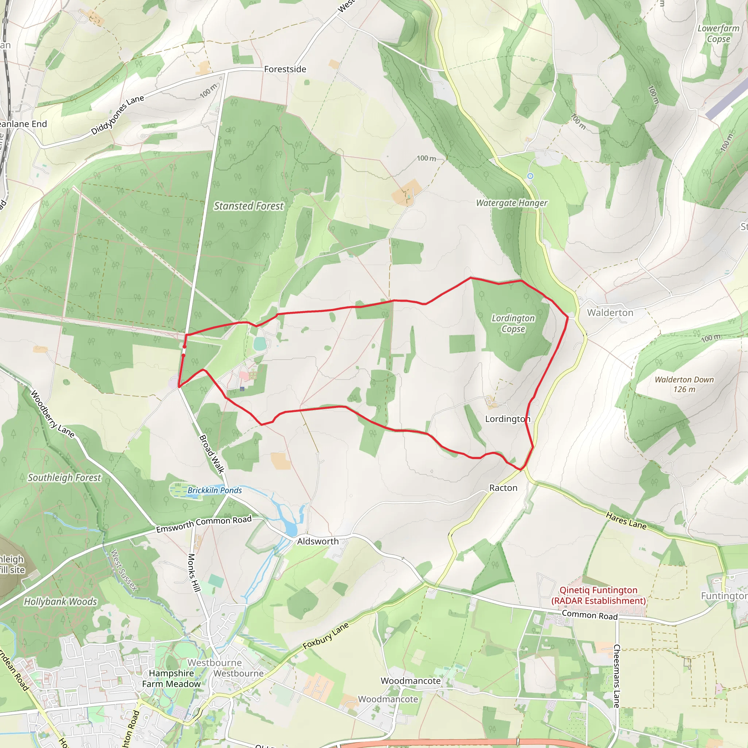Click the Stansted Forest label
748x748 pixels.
click(249, 206)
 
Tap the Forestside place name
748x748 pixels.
click(285, 69)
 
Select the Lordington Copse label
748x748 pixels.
click(513, 323)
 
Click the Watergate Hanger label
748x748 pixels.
click(511, 203)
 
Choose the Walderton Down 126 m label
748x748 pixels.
click(684, 385)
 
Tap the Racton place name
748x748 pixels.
click(503, 488)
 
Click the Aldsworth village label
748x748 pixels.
click(317, 541)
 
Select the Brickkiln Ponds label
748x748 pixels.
click(214, 490)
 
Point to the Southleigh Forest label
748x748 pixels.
click(64, 478)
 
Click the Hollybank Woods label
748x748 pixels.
click(60, 602)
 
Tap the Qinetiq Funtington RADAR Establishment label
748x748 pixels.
click(599, 595)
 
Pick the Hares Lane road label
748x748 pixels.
click(626, 521)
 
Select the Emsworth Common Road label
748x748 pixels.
click(204, 524)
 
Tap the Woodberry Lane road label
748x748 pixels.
click(52, 414)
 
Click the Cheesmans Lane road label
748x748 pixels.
click(617, 676)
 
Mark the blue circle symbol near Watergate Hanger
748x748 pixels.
click(530, 176)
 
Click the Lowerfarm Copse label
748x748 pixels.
click(718, 34)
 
